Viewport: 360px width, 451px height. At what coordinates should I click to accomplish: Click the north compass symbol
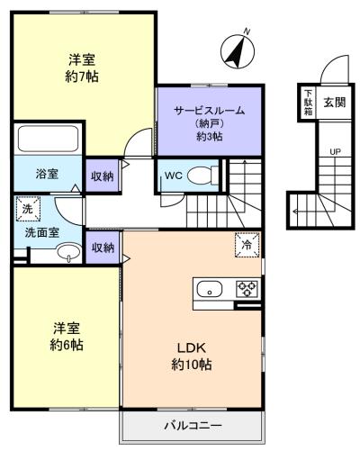tap(238, 51)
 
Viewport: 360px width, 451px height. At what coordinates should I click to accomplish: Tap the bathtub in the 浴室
tap(49, 139)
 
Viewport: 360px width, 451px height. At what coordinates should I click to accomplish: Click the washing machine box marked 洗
tap(28, 209)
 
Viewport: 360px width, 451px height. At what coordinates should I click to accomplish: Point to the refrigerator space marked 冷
tap(247, 245)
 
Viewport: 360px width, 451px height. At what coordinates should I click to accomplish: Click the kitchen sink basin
tap(210, 289)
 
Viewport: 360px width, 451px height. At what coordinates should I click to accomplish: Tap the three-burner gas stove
tap(247, 289)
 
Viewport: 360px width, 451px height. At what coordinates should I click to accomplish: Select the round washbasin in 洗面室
tap(69, 253)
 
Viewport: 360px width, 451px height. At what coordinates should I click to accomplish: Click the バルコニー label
tap(193, 426)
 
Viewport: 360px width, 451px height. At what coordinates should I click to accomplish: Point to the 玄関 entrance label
tap(334, 103)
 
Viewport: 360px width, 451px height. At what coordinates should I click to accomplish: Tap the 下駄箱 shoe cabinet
tap(308, 103)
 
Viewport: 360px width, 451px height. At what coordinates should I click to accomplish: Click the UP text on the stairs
tap(335, 152)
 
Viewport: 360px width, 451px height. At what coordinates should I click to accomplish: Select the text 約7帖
tap(82, 77)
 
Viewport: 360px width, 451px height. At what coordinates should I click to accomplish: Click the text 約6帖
tap(67, 345)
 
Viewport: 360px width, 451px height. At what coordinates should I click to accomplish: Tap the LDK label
tap(192, 348)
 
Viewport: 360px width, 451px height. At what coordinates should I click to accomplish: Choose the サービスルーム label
tap(210, 111)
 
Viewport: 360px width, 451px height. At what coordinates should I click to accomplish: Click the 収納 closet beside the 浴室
tap(103, 176)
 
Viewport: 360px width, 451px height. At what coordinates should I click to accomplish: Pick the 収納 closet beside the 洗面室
tap(103, 248)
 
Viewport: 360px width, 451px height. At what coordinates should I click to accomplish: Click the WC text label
tap(174, 176)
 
